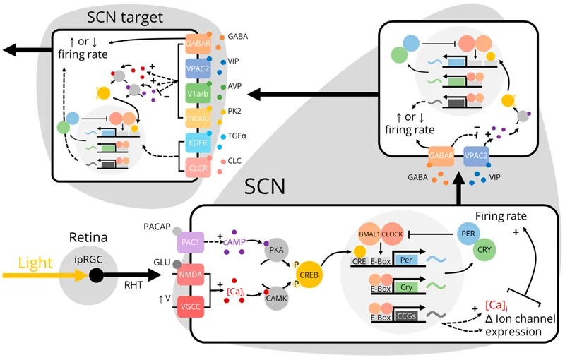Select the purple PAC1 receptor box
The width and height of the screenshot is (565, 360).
click(x=189, y=242)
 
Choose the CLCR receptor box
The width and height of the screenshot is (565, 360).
click(x=198, y=169)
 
